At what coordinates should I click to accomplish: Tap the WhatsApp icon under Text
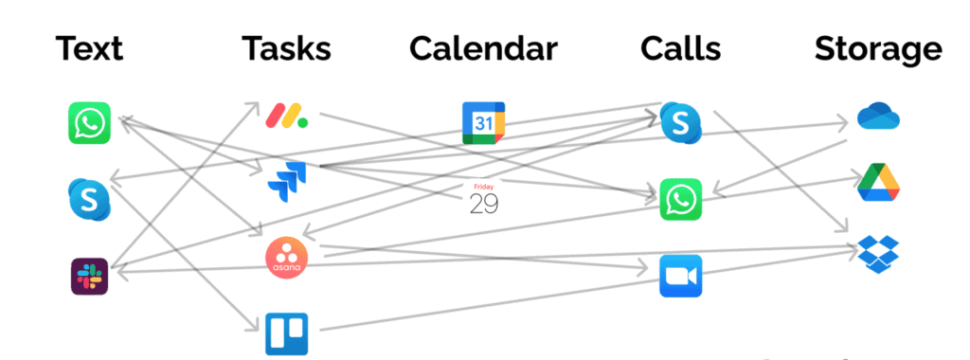click(x=90, y=123)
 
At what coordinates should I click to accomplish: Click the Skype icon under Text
click(x=90, y=198)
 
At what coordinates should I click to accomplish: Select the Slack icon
click(x=90, y=276)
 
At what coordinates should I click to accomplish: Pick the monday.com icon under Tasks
click(x=286, y=117)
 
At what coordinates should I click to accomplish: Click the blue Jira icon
click(x=286, y=181)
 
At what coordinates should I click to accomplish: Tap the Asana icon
click(x=286, y=258)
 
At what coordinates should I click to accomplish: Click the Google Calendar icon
click(x=483, y=123)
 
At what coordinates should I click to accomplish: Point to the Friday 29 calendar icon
click(x=483, y=199)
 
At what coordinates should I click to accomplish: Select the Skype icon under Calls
click(x=680, y=123)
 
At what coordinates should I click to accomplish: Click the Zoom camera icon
click(x=681, y=276)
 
